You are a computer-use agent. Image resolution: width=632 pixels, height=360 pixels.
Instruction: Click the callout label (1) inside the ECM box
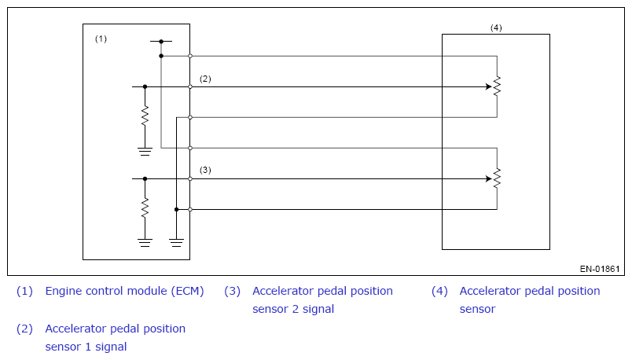click(x=101, y=39)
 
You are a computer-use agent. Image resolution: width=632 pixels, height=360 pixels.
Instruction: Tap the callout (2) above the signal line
click(x=205, y=79)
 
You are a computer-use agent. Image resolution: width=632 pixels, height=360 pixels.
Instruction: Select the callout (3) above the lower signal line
click(x=205, y=170)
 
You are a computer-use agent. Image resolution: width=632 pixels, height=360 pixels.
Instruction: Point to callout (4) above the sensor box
click(x=496, y=28)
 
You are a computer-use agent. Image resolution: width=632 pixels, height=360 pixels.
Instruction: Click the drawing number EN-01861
click(x=600, y=269)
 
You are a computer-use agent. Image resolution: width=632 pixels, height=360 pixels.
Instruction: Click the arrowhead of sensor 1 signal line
click(x=488, y=86)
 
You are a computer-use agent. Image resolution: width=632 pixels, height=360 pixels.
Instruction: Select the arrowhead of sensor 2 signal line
click(x=488, y=178)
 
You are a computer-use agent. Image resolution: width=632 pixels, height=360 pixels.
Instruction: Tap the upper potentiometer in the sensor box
click(x=497, y=86)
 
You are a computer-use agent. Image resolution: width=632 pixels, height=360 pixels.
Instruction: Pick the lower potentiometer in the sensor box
click(x=497, y=178)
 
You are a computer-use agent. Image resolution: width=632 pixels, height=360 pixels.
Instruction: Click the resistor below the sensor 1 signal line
click(x=145, y=116)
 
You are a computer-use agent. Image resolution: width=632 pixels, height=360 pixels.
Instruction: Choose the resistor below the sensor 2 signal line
click(x=145, y=208)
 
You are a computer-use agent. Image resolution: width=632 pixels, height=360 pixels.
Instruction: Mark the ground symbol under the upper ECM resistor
click(x=145, y=151)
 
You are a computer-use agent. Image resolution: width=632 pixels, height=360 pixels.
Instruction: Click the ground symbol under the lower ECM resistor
click(x=145, y=242)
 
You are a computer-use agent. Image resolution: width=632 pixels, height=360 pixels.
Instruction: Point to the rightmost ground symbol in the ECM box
click(x=176, y=242)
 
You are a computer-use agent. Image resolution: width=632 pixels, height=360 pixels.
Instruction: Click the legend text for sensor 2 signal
click(x=322, y=299)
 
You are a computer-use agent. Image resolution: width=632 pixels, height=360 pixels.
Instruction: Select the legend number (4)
click(x=439, y=291)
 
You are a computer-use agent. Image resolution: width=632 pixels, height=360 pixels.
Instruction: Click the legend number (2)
click(x=25, y=329)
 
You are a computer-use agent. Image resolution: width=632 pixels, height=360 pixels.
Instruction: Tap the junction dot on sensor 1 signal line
click(x=145, y=86)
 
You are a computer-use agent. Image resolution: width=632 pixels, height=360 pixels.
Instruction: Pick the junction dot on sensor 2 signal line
click(x=145, y=178)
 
